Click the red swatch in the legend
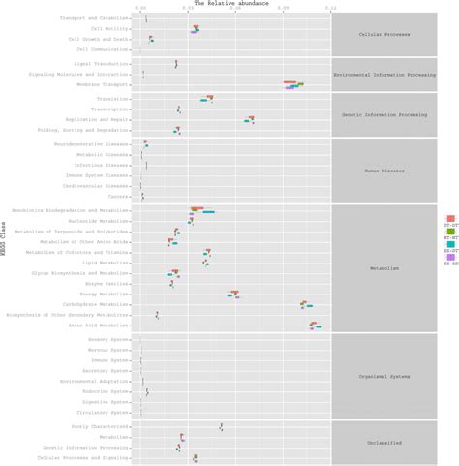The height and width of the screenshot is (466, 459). (x=451, y=219)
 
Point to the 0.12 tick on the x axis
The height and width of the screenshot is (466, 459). (x=330, y=10)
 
